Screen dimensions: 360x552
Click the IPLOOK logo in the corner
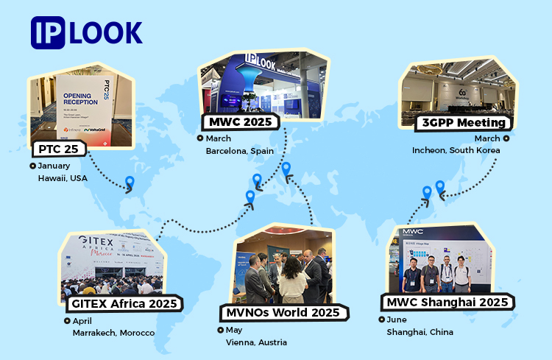tap(87, 33)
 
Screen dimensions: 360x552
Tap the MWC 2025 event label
tap(237, 121)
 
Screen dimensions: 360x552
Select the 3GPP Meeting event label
tap(462, 122)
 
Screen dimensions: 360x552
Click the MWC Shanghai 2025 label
tap(447, 302)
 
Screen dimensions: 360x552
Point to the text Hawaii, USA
tap(63, 178)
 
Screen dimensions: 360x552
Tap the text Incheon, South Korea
tap(456, 150)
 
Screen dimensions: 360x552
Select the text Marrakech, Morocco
tap(113, 333)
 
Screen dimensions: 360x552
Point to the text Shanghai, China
tap(420, 332)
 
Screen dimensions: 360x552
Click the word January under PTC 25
tap(54, 166)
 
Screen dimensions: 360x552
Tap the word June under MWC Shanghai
tap(396, 320)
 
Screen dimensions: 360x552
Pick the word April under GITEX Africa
tap(82, 320)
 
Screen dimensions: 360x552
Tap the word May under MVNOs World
tap(235, 330)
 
